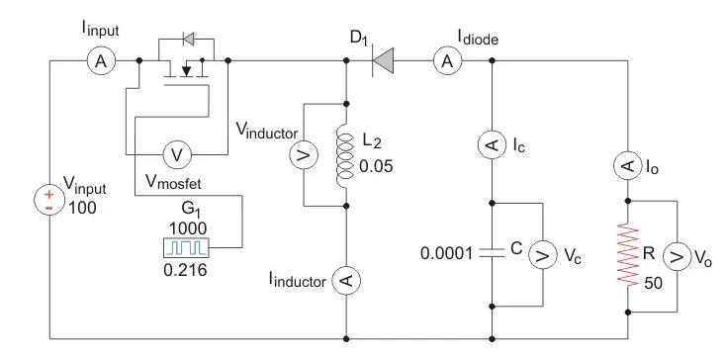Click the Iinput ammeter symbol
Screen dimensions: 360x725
pyautogui.click(x=99, y=61)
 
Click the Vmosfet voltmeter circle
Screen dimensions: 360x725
pyautogui.click(x=177, y=154)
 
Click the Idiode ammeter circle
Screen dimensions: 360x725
pyautogui.click(x=447, y=61)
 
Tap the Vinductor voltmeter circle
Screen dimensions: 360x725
pyautogui.click(x=305, y=154)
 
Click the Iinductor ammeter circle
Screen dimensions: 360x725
pyautogui.click(x=346, y=282)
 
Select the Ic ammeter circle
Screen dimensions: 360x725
pyautogui.click(x=492, y=145)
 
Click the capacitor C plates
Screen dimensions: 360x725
pyautogui.click(x=492, y=252)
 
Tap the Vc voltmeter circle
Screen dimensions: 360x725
pyautogui.click(x=541, y=253)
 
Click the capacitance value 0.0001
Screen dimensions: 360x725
pyautogui.click(x=447, y=253)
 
